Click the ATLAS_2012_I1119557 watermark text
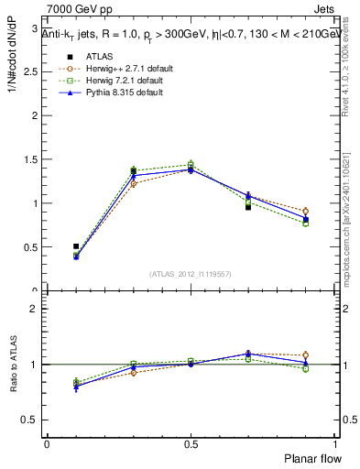(190, 273)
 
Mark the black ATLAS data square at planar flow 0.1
(76, 246)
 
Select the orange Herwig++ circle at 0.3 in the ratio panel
(133, 372)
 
